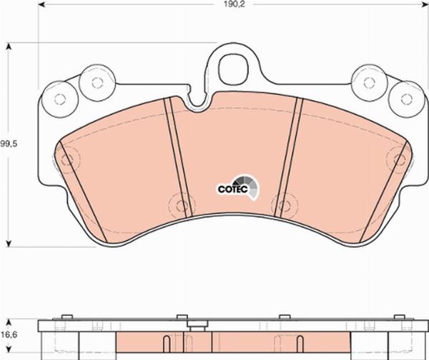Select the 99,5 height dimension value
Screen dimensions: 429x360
click(9, 144)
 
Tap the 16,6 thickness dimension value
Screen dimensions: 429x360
click(9, 334)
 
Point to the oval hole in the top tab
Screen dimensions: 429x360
click(233, 68)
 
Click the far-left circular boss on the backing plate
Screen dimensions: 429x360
click(60, 99)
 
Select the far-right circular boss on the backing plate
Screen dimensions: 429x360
click(406, 99)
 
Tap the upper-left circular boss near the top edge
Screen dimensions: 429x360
click(97, 82)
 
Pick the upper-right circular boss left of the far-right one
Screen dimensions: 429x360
click(369, 82)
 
